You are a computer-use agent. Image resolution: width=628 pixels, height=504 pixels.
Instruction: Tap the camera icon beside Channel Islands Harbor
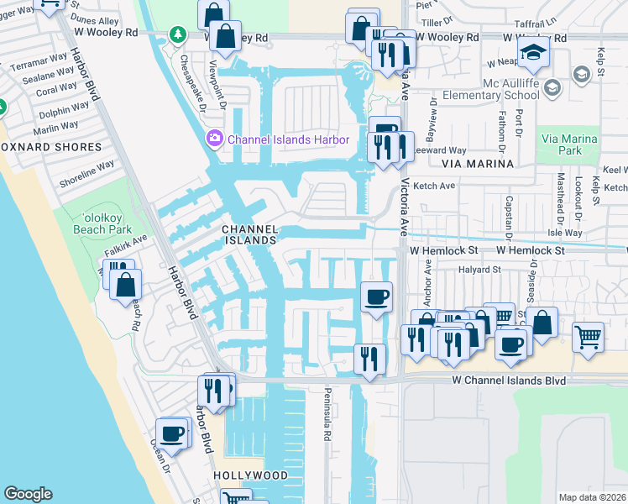(214, 137)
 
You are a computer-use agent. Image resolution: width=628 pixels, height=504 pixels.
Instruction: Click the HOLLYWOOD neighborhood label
(250, 475)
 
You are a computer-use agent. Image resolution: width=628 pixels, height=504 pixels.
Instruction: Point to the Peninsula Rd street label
(328, 416)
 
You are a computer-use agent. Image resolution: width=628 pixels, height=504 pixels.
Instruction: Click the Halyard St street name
(479, 270)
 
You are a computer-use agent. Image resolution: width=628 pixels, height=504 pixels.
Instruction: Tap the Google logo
(29, 494)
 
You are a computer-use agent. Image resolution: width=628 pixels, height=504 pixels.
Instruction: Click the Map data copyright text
(592, 497)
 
